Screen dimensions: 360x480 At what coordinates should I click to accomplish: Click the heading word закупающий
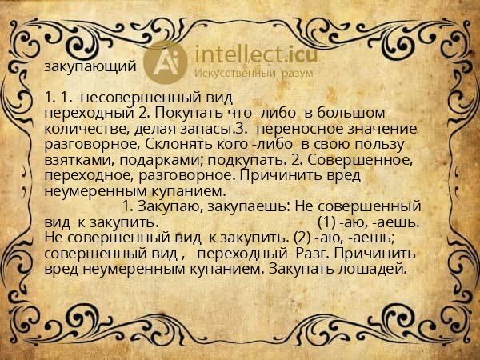(90, 67)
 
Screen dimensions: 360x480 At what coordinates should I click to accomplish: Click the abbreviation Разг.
(313, 253)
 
